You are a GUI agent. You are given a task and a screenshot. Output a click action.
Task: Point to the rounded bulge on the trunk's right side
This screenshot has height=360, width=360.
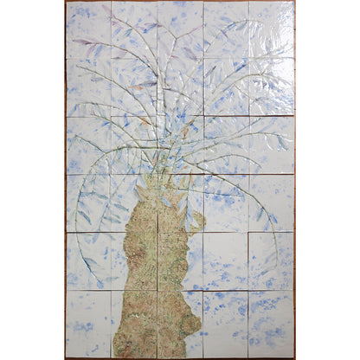pyautogui.click(x=193, y=325)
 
